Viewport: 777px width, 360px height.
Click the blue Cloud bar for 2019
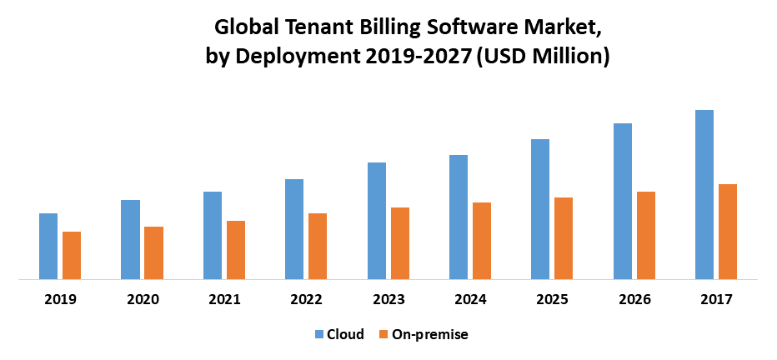click(48, 247)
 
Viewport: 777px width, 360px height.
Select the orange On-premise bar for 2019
click(72, 256)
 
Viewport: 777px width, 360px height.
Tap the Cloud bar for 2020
click(130, 240)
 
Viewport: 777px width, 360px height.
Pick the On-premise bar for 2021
click(236, 250)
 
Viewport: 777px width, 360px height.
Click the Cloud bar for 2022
click(294, 229)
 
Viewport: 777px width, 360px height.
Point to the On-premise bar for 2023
click(400, 243)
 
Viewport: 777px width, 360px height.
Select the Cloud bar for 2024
click(459, 217)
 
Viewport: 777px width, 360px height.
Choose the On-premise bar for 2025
click(564, 238)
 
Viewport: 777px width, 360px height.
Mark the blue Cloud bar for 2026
click(623, 202)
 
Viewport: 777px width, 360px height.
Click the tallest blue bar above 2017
click(704, 195)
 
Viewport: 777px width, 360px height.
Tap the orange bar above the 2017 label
click(728, 232)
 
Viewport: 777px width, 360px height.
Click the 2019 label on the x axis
click(61, 299)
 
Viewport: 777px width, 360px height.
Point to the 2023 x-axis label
click(389, 299)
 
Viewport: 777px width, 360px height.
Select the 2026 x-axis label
click(635, 299)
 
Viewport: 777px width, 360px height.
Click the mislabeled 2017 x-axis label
click(717, 299)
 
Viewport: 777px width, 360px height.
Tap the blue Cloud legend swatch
click(319, 335)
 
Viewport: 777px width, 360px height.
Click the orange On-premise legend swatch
click(383, 335)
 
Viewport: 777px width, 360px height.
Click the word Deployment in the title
click(283, 57)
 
